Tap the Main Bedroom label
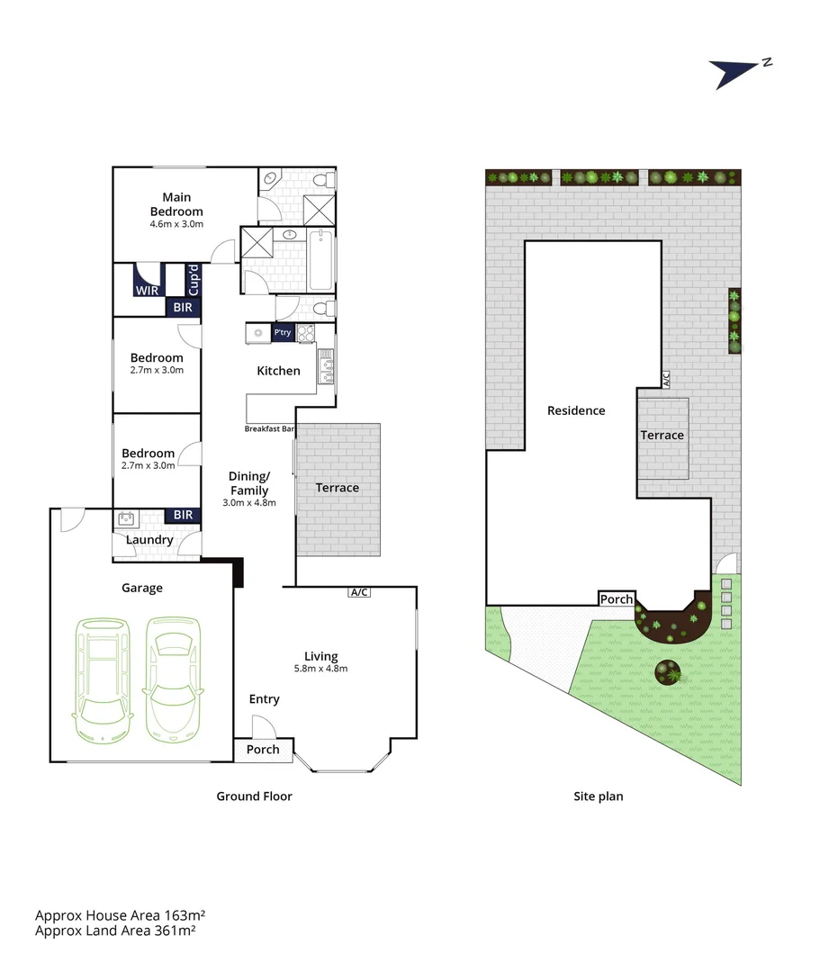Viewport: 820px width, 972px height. (x=176, y=204)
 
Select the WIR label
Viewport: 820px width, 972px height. (x=147, y=291)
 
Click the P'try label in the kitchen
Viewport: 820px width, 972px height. (x=283, y=333)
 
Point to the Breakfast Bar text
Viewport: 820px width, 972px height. (x=270, y=429)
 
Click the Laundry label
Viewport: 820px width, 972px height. (x=149, y=540)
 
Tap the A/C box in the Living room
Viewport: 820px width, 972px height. (x=359, y=592)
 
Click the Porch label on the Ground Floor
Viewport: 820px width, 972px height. (x=263, y=750)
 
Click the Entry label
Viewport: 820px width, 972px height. (x=265, y=699)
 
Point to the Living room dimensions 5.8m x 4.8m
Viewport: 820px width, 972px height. (x=321, y=668)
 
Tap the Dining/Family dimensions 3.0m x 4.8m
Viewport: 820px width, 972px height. (x=248, y=503)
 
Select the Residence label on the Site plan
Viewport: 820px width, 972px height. (x=576, y=410)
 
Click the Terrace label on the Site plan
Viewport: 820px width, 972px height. (x=662, y=436)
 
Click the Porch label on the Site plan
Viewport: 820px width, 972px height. (x=617, y=599)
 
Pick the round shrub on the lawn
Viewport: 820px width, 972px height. (x=668, y=670)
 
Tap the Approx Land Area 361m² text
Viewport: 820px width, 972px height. (x=115, y=931)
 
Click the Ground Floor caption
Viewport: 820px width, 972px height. (x=254, y=796)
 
